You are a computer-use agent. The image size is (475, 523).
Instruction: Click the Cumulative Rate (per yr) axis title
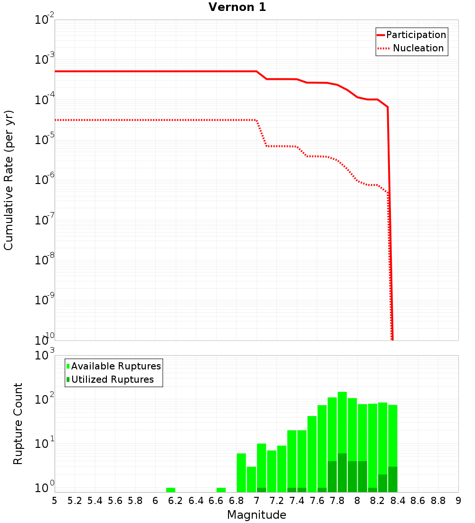(9, 180)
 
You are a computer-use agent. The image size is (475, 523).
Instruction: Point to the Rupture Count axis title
(18, 423)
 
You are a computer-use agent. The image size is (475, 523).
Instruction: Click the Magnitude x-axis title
(256, 515)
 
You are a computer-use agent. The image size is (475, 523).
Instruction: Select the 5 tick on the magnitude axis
(55, 501)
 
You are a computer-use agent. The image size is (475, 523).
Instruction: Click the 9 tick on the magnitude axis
(458, 501)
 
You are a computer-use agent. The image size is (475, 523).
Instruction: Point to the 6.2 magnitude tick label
(175, 501)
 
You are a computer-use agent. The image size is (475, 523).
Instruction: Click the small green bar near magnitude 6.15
(171, 490)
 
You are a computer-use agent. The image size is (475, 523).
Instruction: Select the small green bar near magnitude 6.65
(221, 490)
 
